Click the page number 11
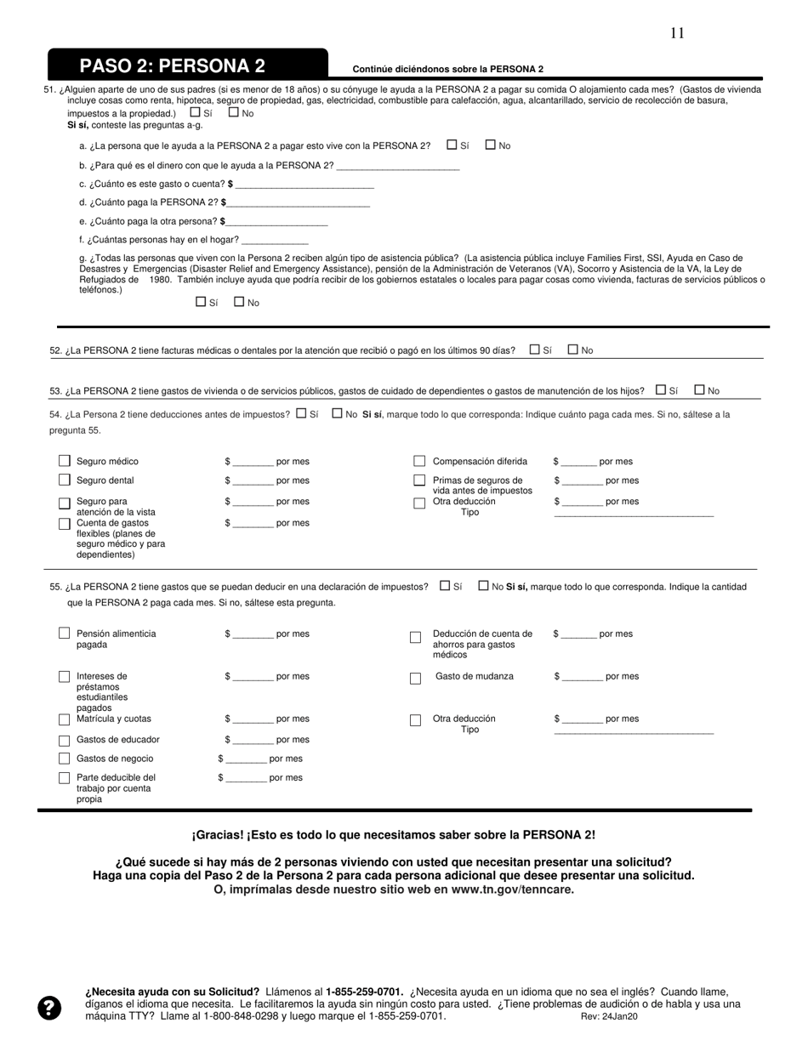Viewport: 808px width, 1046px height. [x=677, y=33]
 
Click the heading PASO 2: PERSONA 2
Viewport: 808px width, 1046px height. [x=173, y=66]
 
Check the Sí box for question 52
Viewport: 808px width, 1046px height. [x=534, y=349]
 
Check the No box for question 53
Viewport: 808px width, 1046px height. [x=700, y=389]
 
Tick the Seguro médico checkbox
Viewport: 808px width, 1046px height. [x=65, y=461]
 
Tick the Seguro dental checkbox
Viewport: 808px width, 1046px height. [x=65, y=480]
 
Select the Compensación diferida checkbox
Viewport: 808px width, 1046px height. [x=419, y=461]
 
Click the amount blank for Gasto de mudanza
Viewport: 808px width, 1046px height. [x=583, y=677]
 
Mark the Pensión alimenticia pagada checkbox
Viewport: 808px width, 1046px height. [x=65, y=634]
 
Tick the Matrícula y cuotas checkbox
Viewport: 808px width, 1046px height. [x=65, y=719]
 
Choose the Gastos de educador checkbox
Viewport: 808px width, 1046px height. [x=65, y=739]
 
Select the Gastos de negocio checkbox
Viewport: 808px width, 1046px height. [x=65, y=758]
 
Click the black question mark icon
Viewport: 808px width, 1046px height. [x=50, y=1008]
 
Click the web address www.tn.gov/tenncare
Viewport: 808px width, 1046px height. [x=509, y=890]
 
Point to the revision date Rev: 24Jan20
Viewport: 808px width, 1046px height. [x=609, y=1016]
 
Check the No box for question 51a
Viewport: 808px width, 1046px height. [x=491, y=145]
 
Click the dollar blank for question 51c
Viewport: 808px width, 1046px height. [x=304, y=185]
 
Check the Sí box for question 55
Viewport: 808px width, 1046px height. [x=446, y=585]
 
